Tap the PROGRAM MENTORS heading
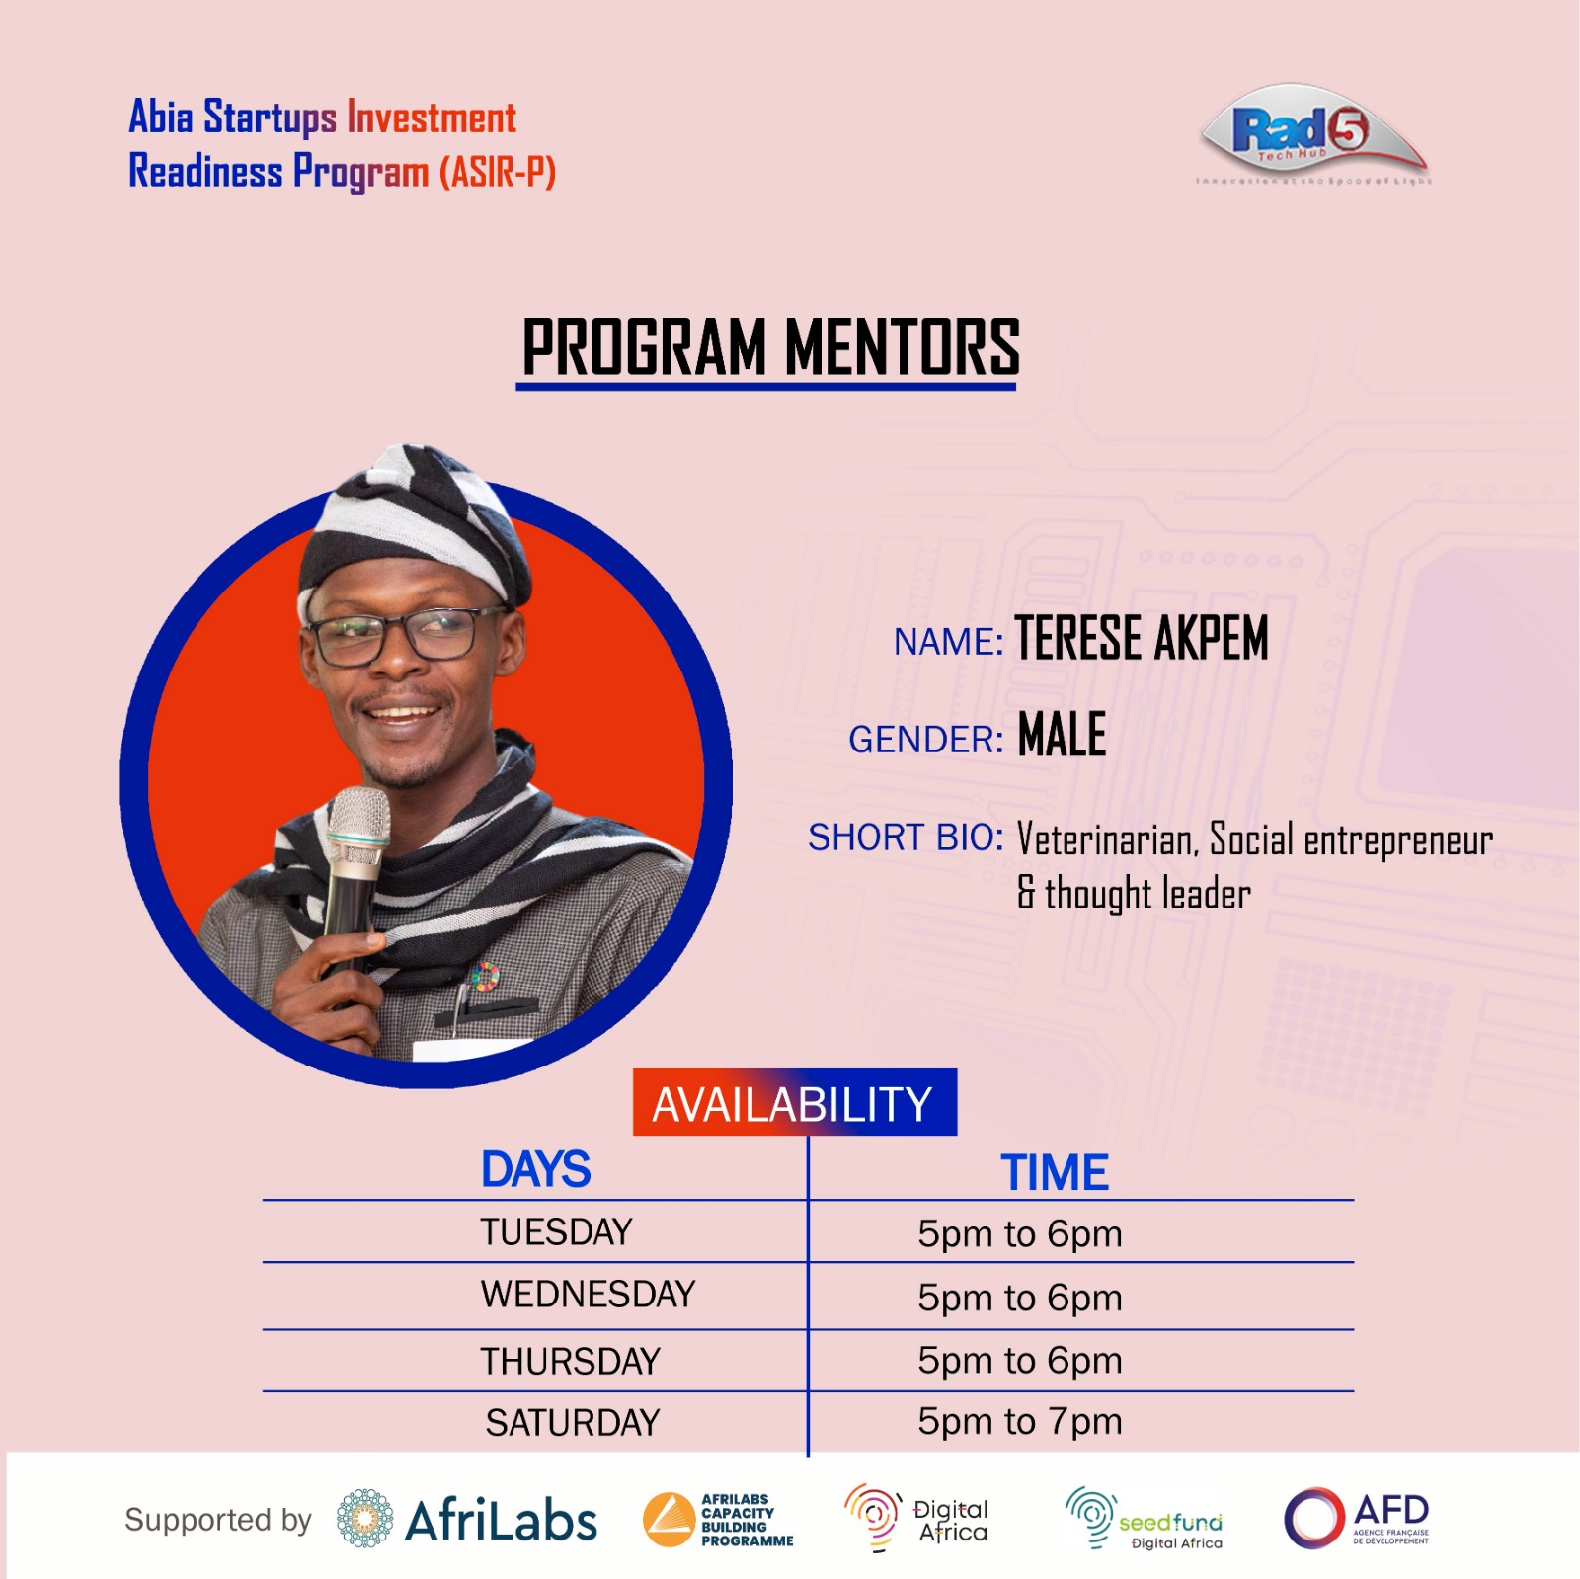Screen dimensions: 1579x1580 point(770,348)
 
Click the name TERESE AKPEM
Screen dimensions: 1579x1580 point(1142,638)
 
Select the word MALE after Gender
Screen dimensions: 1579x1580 point(1062,735)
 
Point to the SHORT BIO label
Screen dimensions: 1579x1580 point(905,837)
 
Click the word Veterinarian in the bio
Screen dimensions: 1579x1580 point(1106,840)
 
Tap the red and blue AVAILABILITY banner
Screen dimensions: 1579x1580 point(794,1103)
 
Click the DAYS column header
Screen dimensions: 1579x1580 point(535,1170)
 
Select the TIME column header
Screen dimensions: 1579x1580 point(1055,1173)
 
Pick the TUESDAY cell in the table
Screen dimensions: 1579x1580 point(556,1232)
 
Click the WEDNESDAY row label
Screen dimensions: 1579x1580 point(588,1295)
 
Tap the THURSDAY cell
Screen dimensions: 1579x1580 point(570,1362)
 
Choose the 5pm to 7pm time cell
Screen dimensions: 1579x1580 point(1019,1422)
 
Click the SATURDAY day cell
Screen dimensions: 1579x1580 point(572,1423)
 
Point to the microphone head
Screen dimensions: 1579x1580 point(357,820)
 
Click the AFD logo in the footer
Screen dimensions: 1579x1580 point(1358,1519)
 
